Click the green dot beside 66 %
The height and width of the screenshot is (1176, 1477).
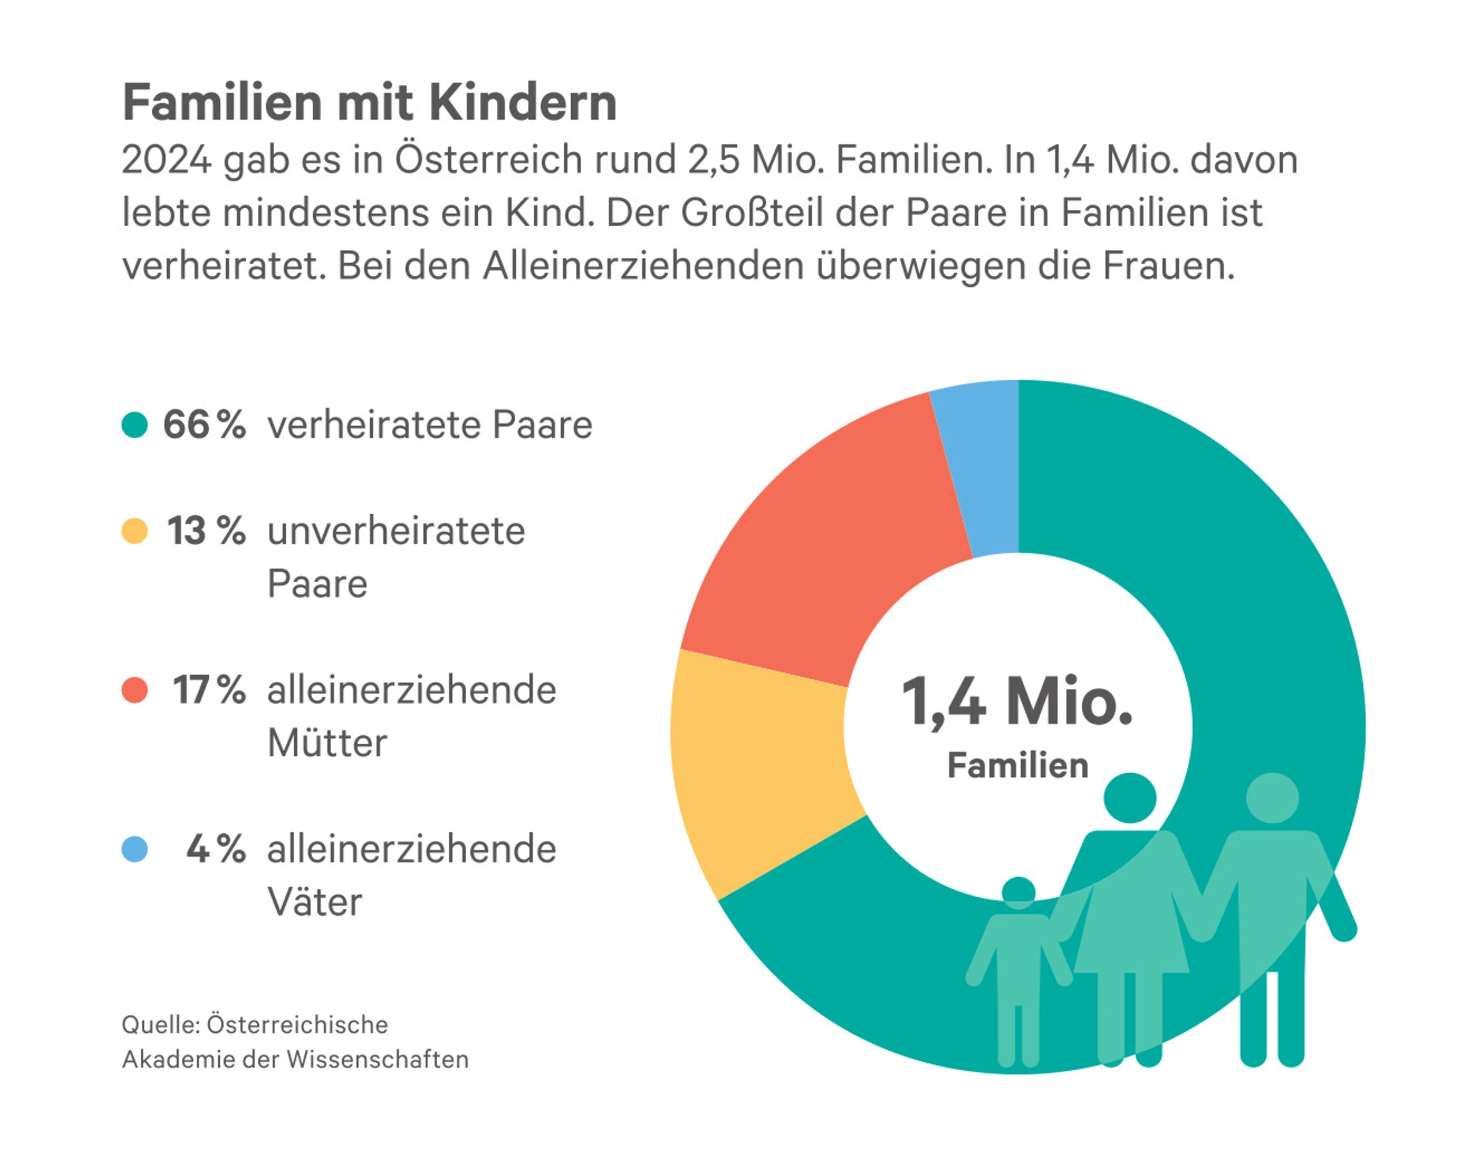[135, 424]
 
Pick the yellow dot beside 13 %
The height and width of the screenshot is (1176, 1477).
[135, 531]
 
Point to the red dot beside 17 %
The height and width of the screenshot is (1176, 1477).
[135, 690]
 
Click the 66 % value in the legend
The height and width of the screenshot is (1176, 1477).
[204, 424]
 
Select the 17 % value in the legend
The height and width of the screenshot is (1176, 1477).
[209, 690]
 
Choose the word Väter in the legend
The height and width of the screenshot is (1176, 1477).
[314, 902]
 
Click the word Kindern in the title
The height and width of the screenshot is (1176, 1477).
[523, 103]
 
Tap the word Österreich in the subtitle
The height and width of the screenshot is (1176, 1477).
[489, 160]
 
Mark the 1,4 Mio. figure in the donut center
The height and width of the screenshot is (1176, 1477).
[1017, 701]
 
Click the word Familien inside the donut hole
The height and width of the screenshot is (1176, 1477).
[1018, 766]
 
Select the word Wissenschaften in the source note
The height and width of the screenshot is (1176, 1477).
[377, 1059]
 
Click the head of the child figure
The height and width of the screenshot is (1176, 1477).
[1019, 892]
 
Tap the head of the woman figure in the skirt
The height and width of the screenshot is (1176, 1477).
[1130, 797]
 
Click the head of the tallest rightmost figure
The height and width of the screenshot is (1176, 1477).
[1272, 797]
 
